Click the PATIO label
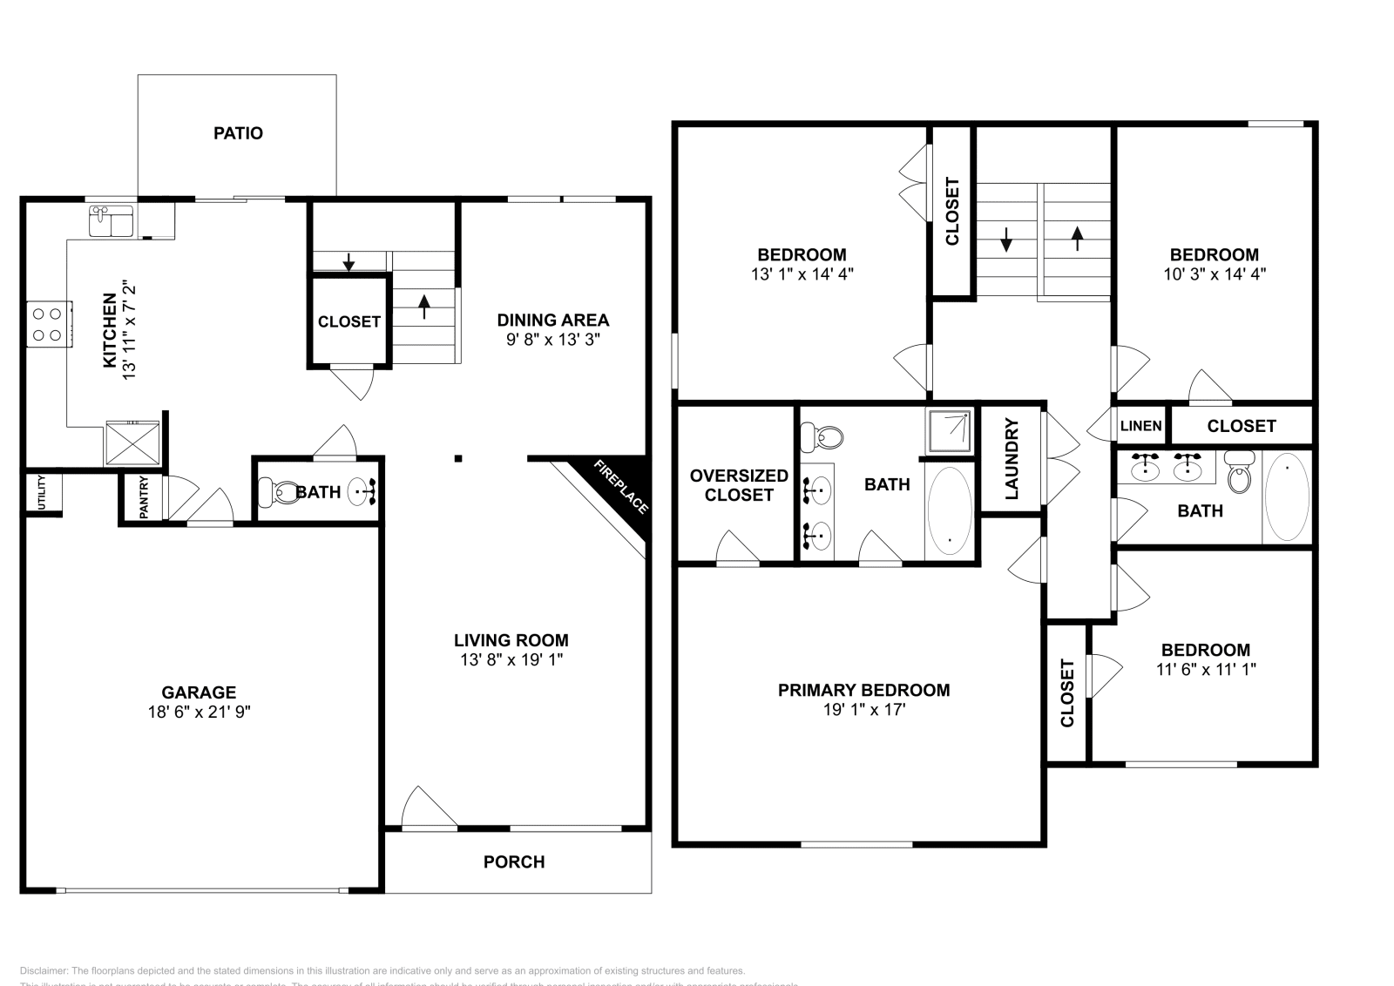coord(238,133)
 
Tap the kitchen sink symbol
coord(110,220)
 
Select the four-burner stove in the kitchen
coord(48,323)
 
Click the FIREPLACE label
coord(620,486)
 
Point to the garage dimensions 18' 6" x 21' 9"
coord(199,712)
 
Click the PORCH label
coord(514,861)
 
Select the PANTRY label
coord(144,497)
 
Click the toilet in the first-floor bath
coord(277,493)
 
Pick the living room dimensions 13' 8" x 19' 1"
coord(511,659)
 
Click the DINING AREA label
coord(552,320)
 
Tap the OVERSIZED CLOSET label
coord(739,485)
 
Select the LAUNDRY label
coord(1012,459)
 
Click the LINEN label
coord(1140,426)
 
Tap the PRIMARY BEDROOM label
coord(863,690)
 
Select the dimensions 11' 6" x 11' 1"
coord(1205,669)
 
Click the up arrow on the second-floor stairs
coord(1077,238)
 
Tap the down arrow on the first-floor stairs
coord(348,261)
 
